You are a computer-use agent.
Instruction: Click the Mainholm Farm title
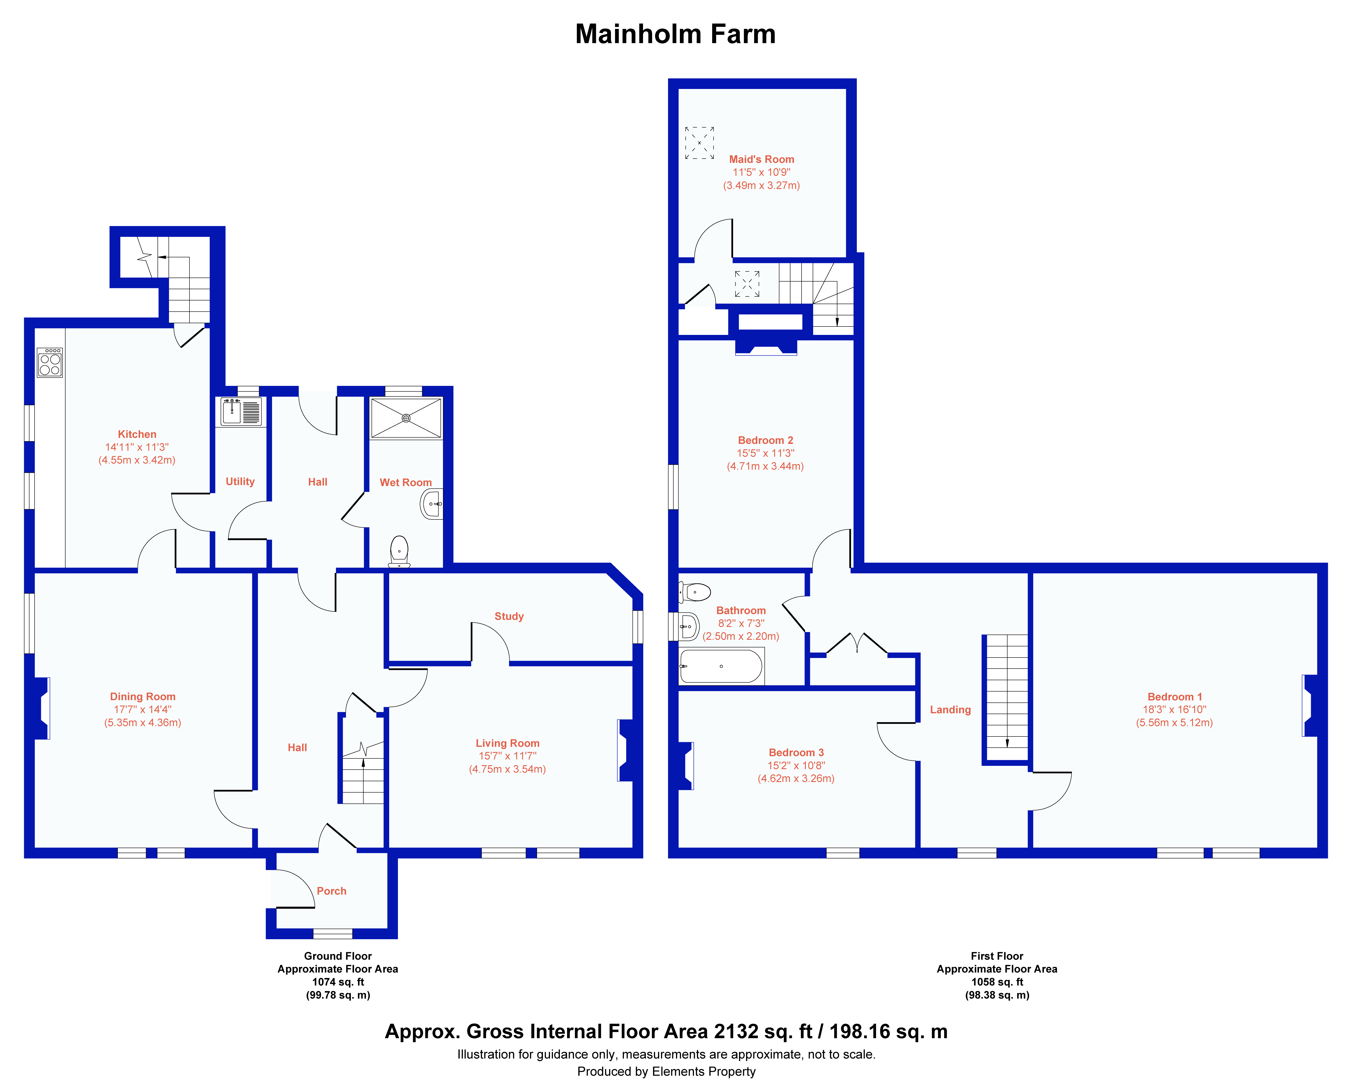[x=675, y=34]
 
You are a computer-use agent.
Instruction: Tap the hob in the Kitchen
[x=50, y=362]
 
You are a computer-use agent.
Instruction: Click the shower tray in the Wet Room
[x=406, y=418]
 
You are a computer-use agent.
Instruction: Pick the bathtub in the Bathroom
[x=722, y=666]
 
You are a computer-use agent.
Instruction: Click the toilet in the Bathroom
[x=695, y=592]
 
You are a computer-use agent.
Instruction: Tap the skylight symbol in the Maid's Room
[x=699, y=143]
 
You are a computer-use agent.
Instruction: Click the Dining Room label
[x=143, y=697]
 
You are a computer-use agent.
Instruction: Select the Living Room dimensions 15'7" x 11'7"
[x=507, y=756]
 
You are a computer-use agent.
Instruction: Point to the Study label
[x=509, y=616]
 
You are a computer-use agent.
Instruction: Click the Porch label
[x=332, y=891]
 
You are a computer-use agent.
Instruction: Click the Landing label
[x=950, y=710]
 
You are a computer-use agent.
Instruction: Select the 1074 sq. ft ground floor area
[x=338, y=982]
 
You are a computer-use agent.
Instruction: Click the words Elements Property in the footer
[x=704, y=1071]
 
